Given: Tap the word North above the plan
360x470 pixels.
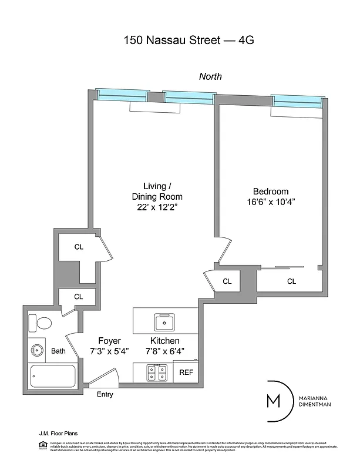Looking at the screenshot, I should point(210,76).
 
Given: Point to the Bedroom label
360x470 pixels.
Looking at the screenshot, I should point(271,191).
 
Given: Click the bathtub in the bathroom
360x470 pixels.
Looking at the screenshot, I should point(53,376).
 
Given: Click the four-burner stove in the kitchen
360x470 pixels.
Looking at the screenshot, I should point(157,372).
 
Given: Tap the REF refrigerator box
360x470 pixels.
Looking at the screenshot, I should point(186,372).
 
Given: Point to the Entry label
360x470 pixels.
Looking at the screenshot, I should point(105,394).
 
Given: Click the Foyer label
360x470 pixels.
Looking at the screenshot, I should point(109,341).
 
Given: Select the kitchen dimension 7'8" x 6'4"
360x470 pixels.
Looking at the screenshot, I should point(165,351).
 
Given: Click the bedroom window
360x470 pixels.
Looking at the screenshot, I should point(298,102).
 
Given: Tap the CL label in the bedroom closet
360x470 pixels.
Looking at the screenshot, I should point(291,281).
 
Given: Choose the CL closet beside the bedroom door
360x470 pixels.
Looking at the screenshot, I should point(227,281).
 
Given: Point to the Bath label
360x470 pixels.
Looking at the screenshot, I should point(58,351).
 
